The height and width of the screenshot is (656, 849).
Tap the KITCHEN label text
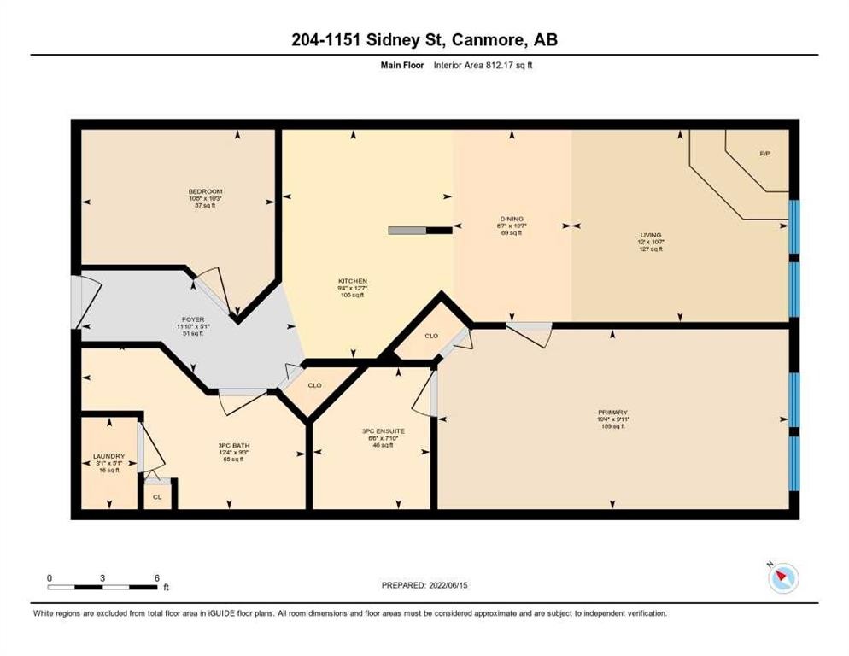[x=353, y=281]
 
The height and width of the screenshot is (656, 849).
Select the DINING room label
[x=512, y=219]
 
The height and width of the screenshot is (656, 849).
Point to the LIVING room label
[x=652, y=235]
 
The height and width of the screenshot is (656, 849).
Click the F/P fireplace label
[x=764, y=154]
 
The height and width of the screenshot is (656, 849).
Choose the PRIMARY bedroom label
[x=612, y=413]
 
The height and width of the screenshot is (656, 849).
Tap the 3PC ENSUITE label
[x=383, y=431]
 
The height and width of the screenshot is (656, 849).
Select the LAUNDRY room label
[x=108, y=456]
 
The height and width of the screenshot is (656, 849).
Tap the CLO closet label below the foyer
[x=314, y=385]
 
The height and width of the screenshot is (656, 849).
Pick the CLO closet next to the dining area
[x=431, y=336]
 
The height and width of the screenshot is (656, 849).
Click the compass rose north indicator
[x=782, y=578]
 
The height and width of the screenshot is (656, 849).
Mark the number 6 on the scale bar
[x=155, y=577]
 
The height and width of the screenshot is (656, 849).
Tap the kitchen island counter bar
[x=420, y=229]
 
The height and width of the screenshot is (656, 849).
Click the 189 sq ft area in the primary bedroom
[x=612, y=426]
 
